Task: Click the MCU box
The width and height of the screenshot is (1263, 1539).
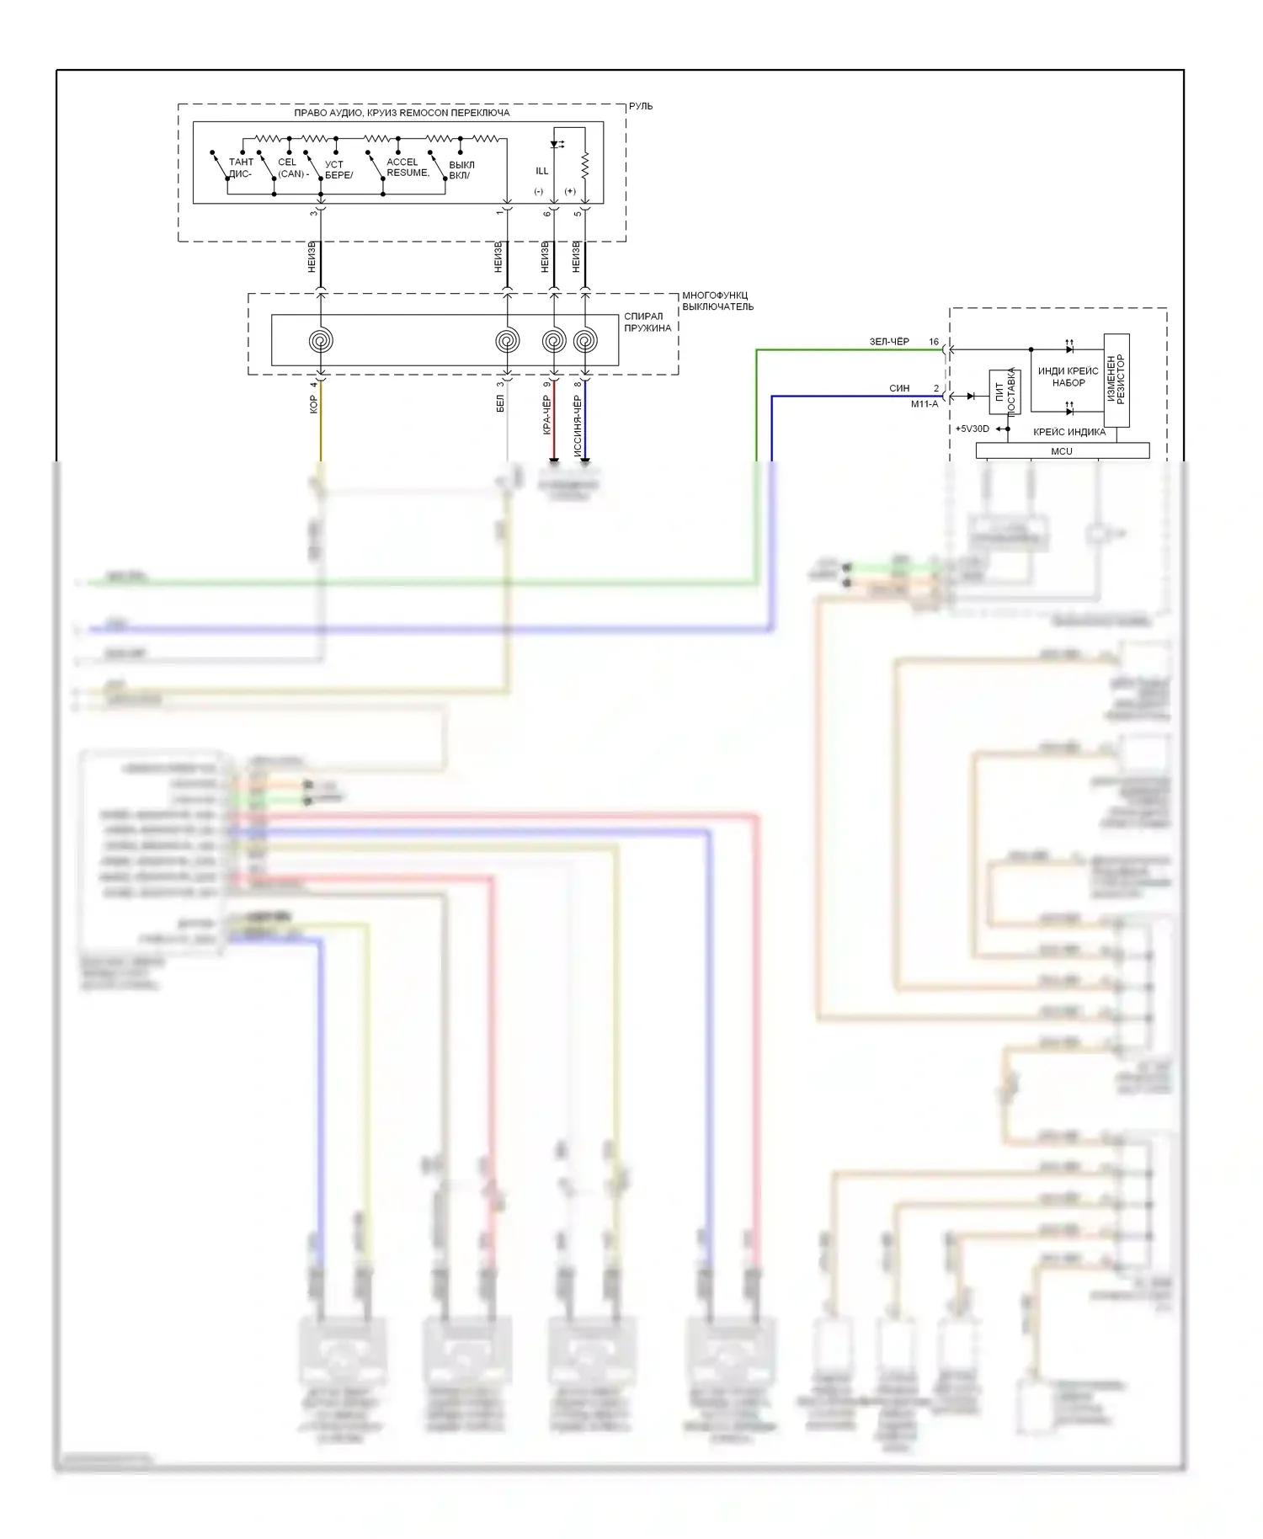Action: tap(1062, 451)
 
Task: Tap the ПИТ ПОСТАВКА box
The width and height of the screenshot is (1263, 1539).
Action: tap(1005, 391)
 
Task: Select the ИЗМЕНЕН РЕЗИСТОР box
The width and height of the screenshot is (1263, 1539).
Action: tap(1116, 380)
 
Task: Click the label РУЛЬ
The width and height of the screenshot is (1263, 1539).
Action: tap(640, 107)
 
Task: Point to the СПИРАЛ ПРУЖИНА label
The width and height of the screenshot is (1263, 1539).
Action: tap(647, 322)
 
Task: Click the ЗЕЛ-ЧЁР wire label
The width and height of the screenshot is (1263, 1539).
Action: tap(889, 342)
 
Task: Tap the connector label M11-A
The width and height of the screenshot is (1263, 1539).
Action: tap(925, 404)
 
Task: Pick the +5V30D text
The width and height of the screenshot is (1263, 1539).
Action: tap(972, 429)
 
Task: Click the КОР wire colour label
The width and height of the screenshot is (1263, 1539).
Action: tap(313, 405)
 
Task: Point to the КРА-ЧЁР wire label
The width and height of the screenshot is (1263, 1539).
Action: tap(546, 415)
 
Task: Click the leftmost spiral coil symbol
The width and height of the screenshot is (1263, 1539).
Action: tap(320, 341)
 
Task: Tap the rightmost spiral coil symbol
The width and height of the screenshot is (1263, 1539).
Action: tap(585, 341)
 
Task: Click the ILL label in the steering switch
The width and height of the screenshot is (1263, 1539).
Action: tap(542, 171)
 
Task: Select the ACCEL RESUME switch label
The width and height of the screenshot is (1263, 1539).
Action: tap(408, 168)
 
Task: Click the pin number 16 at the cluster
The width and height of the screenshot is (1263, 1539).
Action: tap(934, 343)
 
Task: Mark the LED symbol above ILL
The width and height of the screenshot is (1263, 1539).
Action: tap(555, 144)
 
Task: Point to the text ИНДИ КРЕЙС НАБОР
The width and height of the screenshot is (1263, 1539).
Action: tap(1068, 376)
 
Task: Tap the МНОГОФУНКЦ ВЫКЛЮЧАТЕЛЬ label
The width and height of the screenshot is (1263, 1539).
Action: tap(717, 301)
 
